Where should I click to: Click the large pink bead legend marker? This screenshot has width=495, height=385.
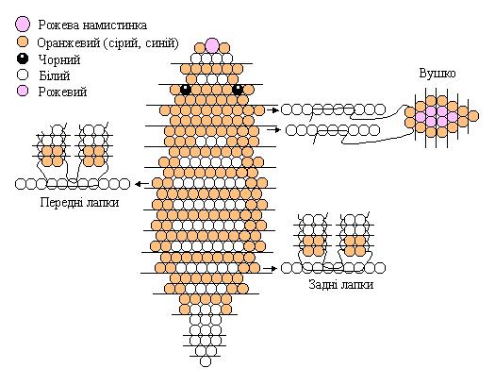(23, 25)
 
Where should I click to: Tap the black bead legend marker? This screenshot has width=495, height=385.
(23, 59)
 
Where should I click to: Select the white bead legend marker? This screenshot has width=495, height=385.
(23, 75)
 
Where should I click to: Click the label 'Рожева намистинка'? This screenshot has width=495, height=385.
(92, 25)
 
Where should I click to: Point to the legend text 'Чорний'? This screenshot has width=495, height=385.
(59, 59)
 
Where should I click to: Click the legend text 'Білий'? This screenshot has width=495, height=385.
(55, 75)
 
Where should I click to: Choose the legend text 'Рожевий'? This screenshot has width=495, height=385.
(62, 92)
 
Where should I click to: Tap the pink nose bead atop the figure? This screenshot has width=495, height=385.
(212, 45)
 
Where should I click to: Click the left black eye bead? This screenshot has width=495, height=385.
(186, 90)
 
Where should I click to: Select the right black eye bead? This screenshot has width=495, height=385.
(238, 90)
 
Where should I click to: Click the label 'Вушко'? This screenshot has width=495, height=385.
(437, 74)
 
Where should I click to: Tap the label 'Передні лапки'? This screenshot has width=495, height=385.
(79, 202)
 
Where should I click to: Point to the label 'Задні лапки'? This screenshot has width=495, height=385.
(341, 285)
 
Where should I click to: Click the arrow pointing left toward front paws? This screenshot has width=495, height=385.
(141, 184)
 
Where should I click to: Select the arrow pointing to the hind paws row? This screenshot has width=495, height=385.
(271, 268)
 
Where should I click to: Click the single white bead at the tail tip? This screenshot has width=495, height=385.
(206, 361)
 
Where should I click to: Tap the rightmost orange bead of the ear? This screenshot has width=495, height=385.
(473, 116)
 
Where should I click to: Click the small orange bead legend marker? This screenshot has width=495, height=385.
(23, 42)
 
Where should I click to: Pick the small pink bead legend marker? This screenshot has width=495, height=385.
(23, 92)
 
